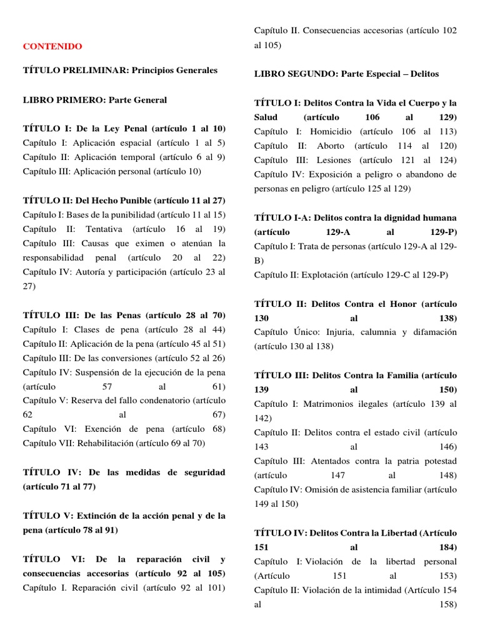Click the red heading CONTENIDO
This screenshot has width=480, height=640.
(52, 46)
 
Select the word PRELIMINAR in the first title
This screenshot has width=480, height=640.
(91, 71)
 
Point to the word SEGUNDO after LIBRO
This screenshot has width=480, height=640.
(310, 74)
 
